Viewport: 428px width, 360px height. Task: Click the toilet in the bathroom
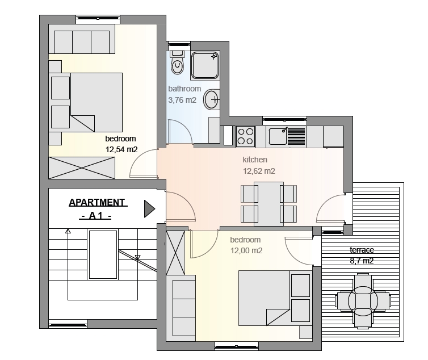click(x=177, y=63)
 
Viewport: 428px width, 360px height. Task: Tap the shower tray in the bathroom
click(x=205, y=65)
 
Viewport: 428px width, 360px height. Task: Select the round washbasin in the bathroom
click(x=212, y=99)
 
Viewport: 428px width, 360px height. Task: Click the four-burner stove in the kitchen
click(x=245, y=136)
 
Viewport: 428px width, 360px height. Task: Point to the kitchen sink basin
click(x=278, y=136)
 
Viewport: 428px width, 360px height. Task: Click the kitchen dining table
click(x=268, y=204)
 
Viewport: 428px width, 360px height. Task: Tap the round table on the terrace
click(x=363, y=301)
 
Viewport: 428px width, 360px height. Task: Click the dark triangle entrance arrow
click(x=149, y=209)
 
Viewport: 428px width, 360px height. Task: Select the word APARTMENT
click(x=97, y=202)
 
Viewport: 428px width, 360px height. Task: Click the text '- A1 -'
click(x=95, y=216)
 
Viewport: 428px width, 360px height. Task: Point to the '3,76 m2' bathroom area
click(x=182, y=101)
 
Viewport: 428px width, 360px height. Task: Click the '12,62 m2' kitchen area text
click(x=259, y=171)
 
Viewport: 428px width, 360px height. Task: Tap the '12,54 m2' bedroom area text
click(x=121, y=150)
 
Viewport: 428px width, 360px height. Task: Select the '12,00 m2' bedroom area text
click(x=246, y=250)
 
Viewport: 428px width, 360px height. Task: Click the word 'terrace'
click(x=362, y=250)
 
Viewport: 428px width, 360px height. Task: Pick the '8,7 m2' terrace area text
click(x=362, y=261)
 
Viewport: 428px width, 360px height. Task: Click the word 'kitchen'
click(x=255, y=160)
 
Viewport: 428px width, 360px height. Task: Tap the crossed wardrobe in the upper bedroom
click(x=82, y=168)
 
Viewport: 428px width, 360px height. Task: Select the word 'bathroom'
click(x=184, y=89)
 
